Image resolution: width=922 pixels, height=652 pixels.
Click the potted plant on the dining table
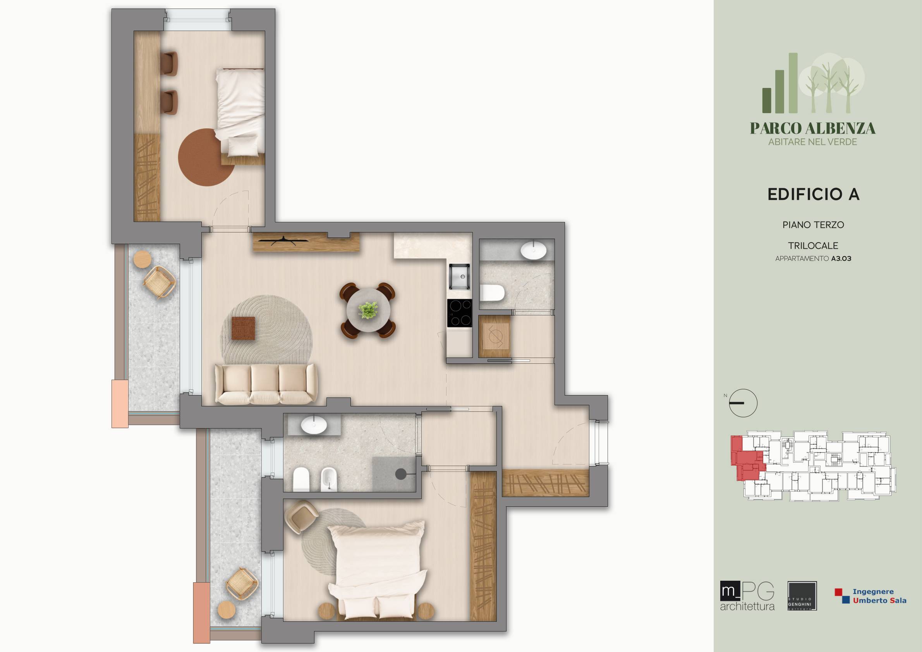pyautogui.click(x=368, y=310)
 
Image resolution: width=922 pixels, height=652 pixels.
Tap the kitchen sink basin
pyautogui.click(x=459, y=276)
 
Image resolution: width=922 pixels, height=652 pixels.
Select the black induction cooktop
pyautogui.click(x=460, y=313)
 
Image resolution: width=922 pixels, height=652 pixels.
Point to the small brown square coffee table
pyautogui.click(x=243, y=328)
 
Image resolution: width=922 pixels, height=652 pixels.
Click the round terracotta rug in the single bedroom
pyautogui.click(x=206, y=157)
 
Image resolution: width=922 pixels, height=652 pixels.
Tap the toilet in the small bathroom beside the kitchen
pyautogui.click(x=492, y=293)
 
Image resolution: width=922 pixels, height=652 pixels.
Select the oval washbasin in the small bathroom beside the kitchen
pyautogui.click(x=533, y=250)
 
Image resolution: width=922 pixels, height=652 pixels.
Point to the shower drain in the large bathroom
pyautogui.click(x=400, y=474)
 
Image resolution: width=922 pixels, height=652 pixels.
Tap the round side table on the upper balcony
pyautogui.click(x=142, y=259)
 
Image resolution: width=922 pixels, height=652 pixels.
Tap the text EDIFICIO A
pyautogui.click(x=813, y=194)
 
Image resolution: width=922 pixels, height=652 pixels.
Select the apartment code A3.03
pyautogui.click(x=841, y=259)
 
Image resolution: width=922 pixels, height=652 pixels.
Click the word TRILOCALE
pyautogui.click(x=813, y=246)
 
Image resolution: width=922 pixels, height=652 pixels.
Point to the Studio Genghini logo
pyautogui.click(x=802, y=596)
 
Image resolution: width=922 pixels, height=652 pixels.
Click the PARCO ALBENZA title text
pyautogui.click(x=813, y=129)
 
